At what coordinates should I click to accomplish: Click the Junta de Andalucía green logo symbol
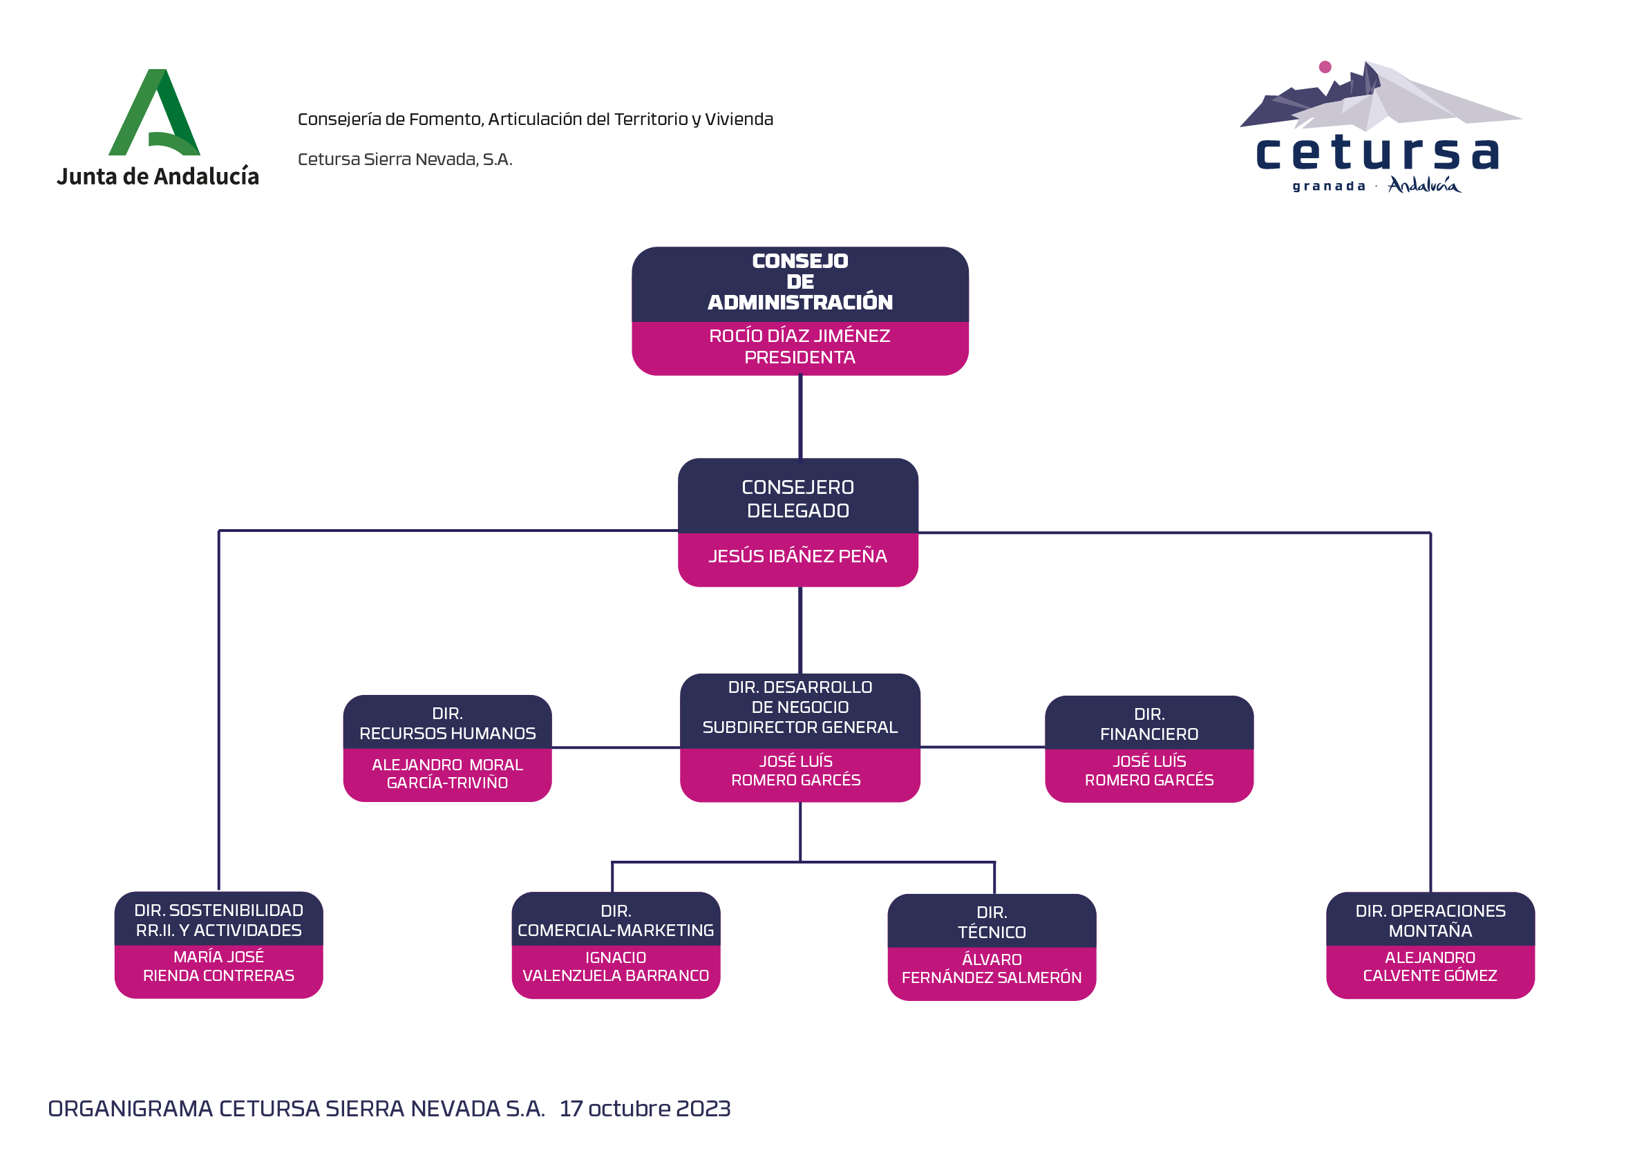pos(154,113)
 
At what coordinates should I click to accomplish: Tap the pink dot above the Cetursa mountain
pos(1325,66)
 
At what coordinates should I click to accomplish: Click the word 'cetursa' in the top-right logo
pos(1377,153)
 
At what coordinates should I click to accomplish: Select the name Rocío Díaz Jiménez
pos(800,336)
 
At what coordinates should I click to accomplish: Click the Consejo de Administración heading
pos(800,282)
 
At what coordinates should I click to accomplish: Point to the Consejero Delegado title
pos(798,499)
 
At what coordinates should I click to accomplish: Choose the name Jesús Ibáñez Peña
pos(798,556)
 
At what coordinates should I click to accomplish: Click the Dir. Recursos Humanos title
pos(447,724)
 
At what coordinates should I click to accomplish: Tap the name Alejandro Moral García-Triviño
pos(447,774)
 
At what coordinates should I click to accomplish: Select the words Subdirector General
pos(800,727)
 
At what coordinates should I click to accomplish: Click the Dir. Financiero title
pos(1149,725)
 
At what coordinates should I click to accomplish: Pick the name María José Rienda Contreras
pos(218,966)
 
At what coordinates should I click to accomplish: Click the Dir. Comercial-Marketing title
pos(616,921)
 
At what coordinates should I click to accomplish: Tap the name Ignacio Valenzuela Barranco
pos(616,967)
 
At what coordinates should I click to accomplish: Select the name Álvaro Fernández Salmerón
pos(992,969)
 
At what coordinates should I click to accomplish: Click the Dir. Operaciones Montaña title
pos(1430,921)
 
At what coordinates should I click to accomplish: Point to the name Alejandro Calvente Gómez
pos(1430,967)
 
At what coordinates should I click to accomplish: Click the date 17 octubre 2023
pos(645,1109)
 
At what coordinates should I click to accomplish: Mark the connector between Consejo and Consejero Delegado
pos(800,417)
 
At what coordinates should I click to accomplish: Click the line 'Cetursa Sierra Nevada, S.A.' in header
pos(405,159)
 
